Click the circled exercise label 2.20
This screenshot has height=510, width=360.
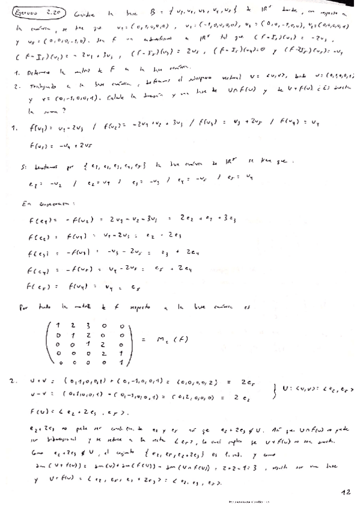click(27, 13)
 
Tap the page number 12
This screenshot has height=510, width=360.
click(344, 491)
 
